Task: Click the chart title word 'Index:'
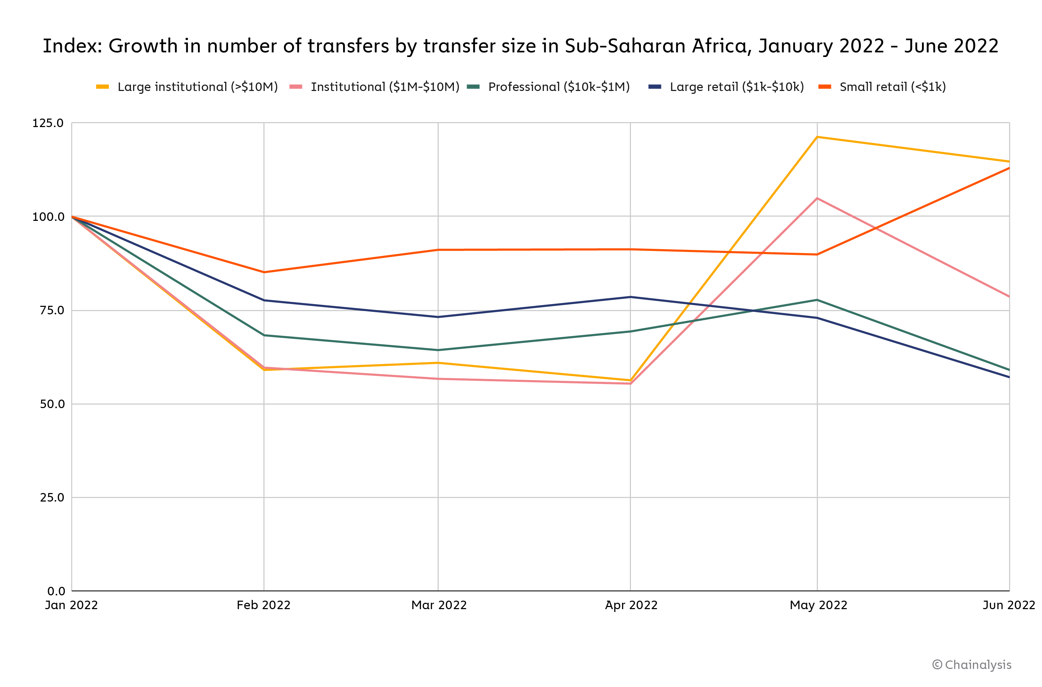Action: pyautogui.click(x=72, y=46)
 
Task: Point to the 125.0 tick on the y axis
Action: pyautogui.click(x=48, y=123)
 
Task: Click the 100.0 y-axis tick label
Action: pyautogui.click(x=48, y=217)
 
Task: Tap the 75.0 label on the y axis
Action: pyautogui.click(x=52, y=310)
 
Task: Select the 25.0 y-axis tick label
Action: pyautogui.click(x=52, y=497)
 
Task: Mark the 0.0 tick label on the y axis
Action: pyautogui.click(x=56, y=591)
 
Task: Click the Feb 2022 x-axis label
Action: pyautogui.click(x=263, y=605)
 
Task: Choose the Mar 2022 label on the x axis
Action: pyautogui.click(x=439, y=605)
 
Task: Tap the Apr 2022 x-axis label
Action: pyautogui.click(x=631, y=605)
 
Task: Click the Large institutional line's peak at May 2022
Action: pyautogui.click(x=817, y=137)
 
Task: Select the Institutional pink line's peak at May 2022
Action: pyautogui.click(x=817, y=199)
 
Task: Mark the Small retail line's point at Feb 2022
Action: pyautogui.click(x=264, y=272)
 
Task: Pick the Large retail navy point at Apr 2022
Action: pyautogui.click(x=630, y=297)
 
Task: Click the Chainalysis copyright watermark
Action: pyautogui.click(x=972, y=665)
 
